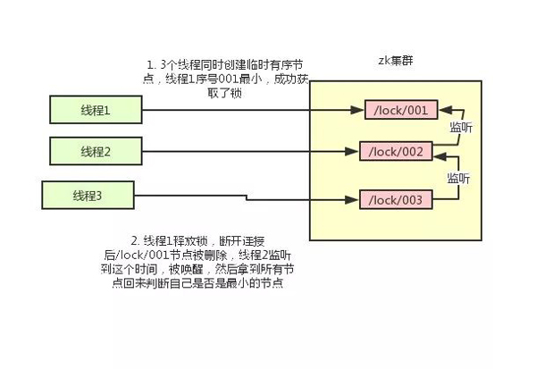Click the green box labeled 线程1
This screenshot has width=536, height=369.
pos(96,109)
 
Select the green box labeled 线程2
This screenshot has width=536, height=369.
pos(96,151)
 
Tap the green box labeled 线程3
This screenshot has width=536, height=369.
pos(88,196)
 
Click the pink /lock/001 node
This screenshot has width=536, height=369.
pos(401,110)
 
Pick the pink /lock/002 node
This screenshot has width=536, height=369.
pos(396,151)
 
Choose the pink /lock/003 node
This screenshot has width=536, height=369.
pos(396,200)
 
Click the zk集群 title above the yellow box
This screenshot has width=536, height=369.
pos(396,61)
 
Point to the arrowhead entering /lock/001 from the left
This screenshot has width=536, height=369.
pos(357,110)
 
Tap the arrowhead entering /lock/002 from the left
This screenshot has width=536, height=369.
pos(352,151)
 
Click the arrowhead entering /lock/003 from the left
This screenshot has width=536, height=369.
pos(352,200)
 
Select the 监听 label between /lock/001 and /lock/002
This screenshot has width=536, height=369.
pos(461,127)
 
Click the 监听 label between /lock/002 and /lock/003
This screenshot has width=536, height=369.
pos(459,178)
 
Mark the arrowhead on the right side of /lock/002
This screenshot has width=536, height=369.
pos(440,156)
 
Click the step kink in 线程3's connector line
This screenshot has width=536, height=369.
pos(247,197)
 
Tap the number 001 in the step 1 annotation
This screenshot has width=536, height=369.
pos(228,79)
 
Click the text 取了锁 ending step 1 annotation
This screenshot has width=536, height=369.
pos(224,93)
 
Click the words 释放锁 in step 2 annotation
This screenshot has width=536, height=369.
pos(191,241)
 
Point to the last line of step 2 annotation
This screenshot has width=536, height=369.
pos(197,283)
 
